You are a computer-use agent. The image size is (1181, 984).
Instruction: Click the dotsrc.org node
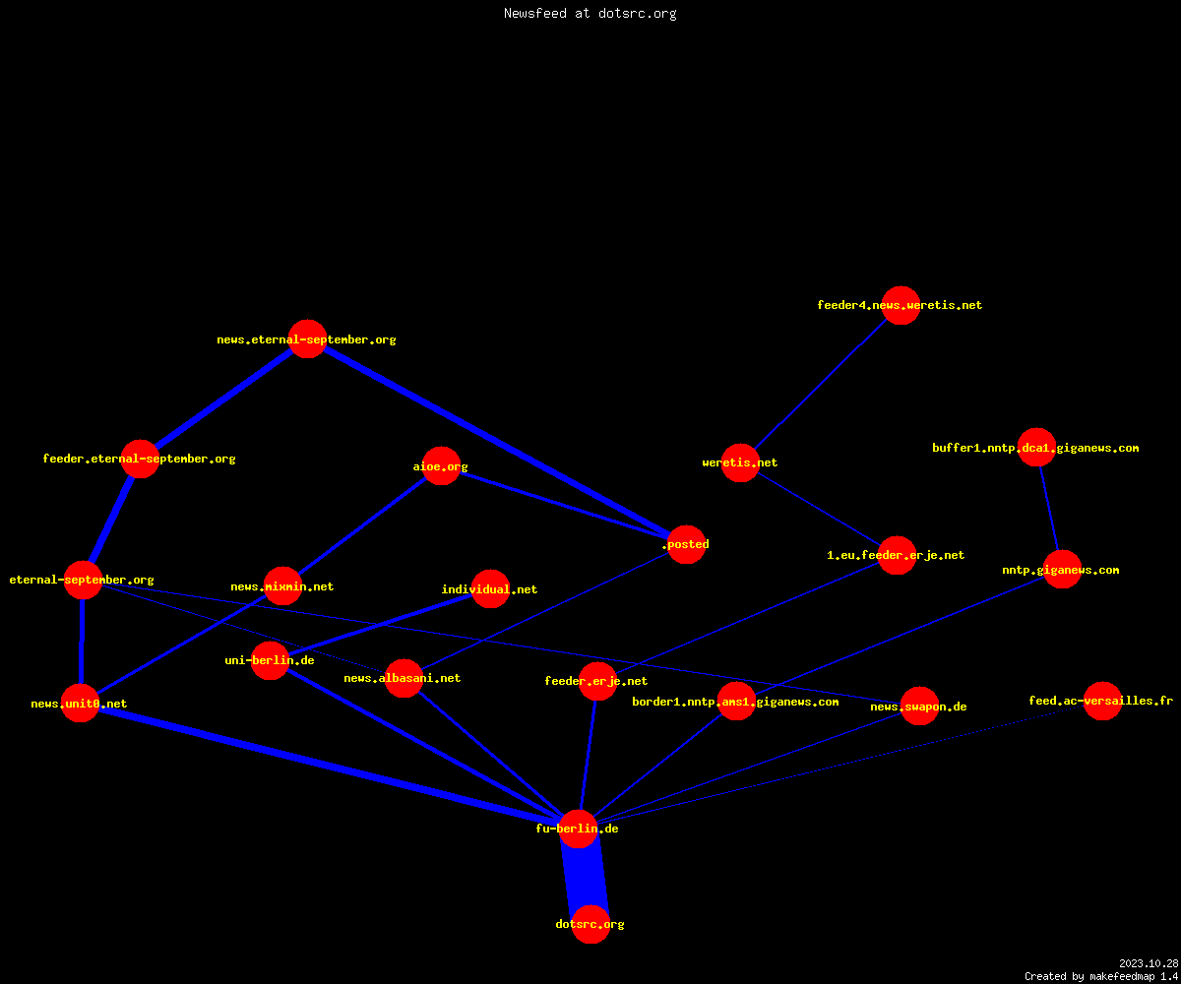pos(590,924)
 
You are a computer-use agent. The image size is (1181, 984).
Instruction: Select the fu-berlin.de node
pos(578,830)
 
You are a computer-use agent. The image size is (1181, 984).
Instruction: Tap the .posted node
pos(687,544)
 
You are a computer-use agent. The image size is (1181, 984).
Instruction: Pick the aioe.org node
pos(441,466)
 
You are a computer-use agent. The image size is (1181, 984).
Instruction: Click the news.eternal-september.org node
pos(308,339)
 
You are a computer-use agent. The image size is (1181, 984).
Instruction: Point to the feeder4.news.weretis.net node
pos(901,305)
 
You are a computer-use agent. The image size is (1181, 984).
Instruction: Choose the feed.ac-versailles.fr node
pos(1102,701)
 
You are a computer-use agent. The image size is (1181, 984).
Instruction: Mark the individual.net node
pos(490,588)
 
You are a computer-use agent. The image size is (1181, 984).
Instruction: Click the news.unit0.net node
pos(81,703)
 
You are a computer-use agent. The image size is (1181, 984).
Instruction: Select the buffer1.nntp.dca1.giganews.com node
pos(1036,448)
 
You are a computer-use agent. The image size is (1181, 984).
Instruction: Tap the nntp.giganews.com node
pos(1062,570)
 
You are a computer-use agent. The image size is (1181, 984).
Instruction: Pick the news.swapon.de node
pos(919,706)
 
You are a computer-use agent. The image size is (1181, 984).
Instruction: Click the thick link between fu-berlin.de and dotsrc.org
pos(585,877)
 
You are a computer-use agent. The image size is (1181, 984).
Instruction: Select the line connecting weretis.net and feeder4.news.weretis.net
pos(820,384)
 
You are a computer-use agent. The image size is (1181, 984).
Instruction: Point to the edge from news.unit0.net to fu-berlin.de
pos(329,766)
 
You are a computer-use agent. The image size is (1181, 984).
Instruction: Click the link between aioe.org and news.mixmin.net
pos(362,525)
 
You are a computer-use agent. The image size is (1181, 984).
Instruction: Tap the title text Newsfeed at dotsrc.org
pos(590,13)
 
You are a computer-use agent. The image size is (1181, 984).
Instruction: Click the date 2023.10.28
pos(1149,963)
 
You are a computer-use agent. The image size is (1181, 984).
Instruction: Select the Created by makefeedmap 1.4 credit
pos(1101,977)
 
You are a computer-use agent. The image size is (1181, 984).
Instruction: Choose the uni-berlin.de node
pos(270,660)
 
